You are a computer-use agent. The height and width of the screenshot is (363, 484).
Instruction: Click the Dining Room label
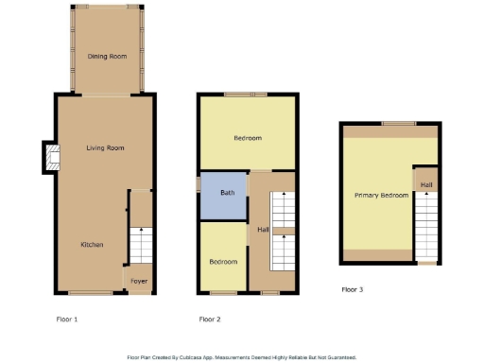(107, 57)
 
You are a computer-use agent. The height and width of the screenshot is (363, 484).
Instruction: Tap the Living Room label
(105, 148)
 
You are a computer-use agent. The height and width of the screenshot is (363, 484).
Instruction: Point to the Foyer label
(139, 280)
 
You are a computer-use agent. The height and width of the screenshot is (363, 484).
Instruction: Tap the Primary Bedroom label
(381, 195)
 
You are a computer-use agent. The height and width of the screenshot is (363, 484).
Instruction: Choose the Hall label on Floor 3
(426, 184)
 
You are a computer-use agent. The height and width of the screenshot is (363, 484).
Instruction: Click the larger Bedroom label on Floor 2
(248, 138)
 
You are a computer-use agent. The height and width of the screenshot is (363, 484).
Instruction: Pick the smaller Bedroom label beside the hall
(223, 261)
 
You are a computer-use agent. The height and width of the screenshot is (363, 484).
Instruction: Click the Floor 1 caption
(67, 320)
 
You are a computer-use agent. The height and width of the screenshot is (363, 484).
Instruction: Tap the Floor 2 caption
(210, 320)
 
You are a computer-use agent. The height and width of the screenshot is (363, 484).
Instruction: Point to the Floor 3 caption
(352, 289)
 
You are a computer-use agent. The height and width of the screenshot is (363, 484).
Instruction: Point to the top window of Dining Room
(107, 7)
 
